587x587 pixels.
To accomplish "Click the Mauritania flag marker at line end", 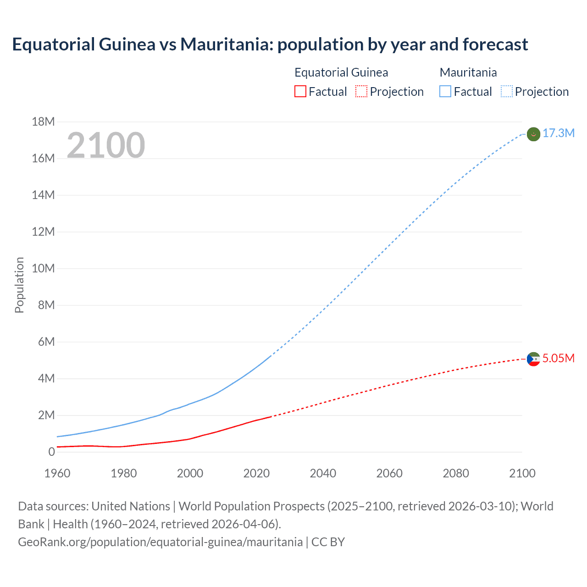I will [x=533, y=134].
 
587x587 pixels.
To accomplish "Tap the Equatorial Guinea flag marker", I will [x=533, y=359].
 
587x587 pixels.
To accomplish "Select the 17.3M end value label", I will [x=558, y=133].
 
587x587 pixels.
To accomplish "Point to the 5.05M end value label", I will [x=558, y=358].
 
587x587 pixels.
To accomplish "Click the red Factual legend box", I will [x=300, y=92].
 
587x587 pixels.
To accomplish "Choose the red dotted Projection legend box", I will [x=361, y=92].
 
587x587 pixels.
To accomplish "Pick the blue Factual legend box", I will [x=445, y=92].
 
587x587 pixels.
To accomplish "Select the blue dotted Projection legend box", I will [x=506, y=92].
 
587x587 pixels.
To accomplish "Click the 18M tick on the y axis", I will [x=43, y=122].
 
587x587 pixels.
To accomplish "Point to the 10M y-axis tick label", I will [x=43, y=268].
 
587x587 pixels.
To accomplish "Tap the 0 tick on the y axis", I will [x=51, y=452].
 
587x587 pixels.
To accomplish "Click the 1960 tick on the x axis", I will [x=57, y=473].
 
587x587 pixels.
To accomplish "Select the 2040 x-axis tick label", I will [x=323, y=473].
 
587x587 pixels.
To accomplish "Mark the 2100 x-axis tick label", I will [x=522, y=473].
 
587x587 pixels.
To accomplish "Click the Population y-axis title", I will [x=19, y=285].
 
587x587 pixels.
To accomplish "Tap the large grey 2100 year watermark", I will [x=106, y=145].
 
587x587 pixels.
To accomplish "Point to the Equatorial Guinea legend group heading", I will [x=341, y=72].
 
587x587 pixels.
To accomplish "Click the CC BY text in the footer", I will [x=328, y=542].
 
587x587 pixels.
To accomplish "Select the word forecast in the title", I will [x=495, y=44].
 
